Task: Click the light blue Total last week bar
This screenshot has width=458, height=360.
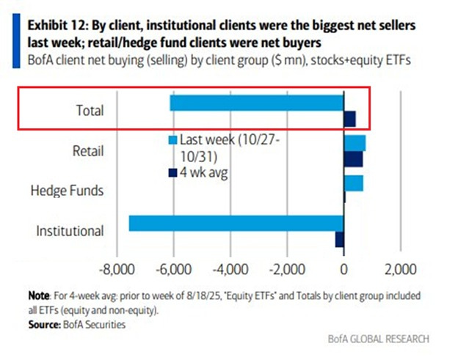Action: pyautogui.click(x=257, y=103)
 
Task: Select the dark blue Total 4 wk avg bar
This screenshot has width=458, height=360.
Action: pyautogui.click(x=349, y=119)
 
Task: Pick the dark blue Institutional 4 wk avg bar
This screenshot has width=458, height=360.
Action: pyautogui.click(x=339, y=239)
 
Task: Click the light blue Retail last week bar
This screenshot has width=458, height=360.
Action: pyautogui.click(x=355, y=142)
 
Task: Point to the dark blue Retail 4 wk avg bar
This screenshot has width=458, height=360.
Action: pyautogui.click(x=353, y=158)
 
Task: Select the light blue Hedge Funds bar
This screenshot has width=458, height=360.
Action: pyautogui.click(x=353, y=183)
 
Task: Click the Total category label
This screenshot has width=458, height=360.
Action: pyautogui.click(x=90, y=111)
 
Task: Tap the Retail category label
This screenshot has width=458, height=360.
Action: pyautogui.click(x=89, y=151)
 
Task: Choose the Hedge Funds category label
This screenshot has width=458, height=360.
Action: pyautogui.click(x=67, y=191)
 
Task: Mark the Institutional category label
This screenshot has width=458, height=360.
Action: pyautogui.click(x=70, y=231)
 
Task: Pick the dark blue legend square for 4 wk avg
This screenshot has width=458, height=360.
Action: pyautogui.click(x=172, y=172)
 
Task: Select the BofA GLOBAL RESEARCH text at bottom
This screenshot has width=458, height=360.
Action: pyautogui.click(x=378, y=339)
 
